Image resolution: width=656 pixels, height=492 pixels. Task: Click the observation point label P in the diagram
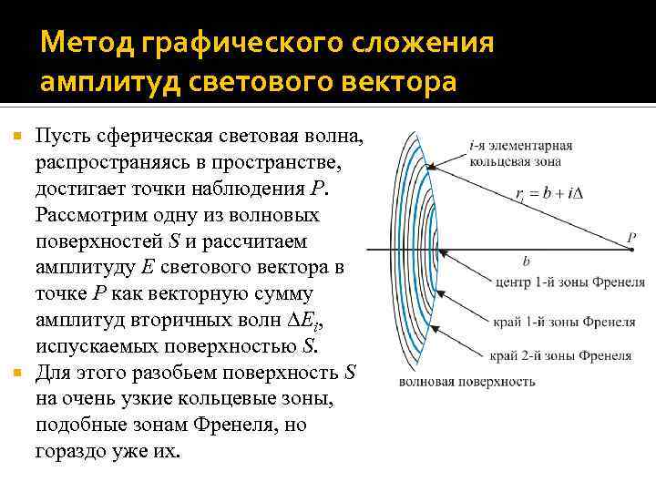click(630, 239)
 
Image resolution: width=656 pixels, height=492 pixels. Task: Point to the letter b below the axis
click(526, 260)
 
